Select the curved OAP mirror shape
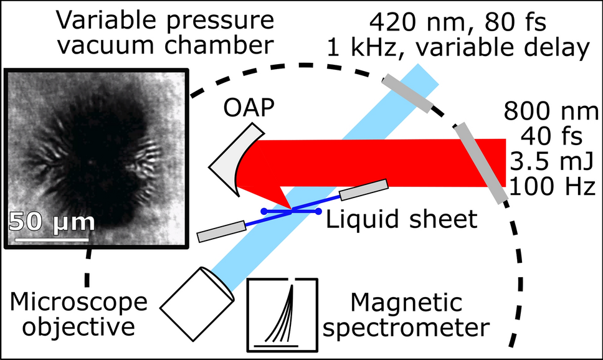pos(229,161)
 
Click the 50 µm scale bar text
pos(52,222)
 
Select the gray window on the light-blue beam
pos(407,93)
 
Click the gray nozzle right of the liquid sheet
pos(364,189)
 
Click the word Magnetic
pos(407,303)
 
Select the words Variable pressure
pos(165,21)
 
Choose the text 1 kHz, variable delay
pos(478,47)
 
